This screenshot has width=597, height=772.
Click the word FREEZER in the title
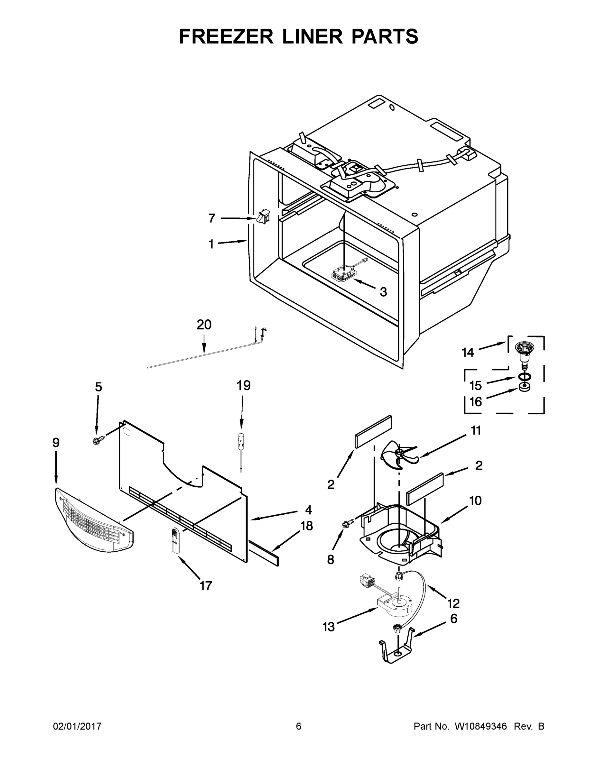pyautogui.click(x=226, y=36)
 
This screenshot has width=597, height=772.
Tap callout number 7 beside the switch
pyautogui.click(x=211, y=218)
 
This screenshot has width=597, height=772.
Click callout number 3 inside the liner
pyautogui.click(x=383, y=292)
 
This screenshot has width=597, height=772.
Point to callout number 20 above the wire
pyautogui.click(x=204, y=325)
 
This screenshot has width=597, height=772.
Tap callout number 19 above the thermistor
pyautogui.click(x=243, y=385)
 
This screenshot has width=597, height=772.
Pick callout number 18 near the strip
pyautogui.click(x=307, y=526)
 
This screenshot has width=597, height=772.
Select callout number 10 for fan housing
pyautogui.click(x=475, y=501)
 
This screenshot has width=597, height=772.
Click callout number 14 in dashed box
pyautogui.click(x=468, y=353)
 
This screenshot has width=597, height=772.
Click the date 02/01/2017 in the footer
pyautogui.click(x=77, y=726)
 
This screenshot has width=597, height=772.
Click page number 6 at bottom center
pyautogui.click(x=299, y=726)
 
